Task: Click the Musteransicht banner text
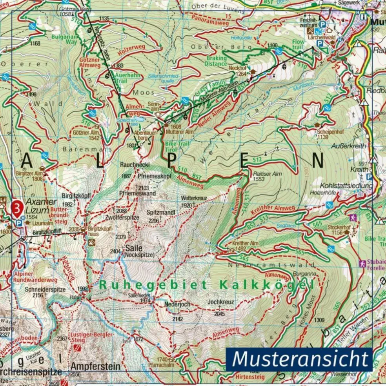(301, 359)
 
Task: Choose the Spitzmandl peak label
(161, 212)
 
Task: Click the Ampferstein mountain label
(95, 366)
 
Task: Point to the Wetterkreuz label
(194, 198)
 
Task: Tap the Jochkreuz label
(221, 302)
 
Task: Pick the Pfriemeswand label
(138, 193)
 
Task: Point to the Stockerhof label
(340, 227)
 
